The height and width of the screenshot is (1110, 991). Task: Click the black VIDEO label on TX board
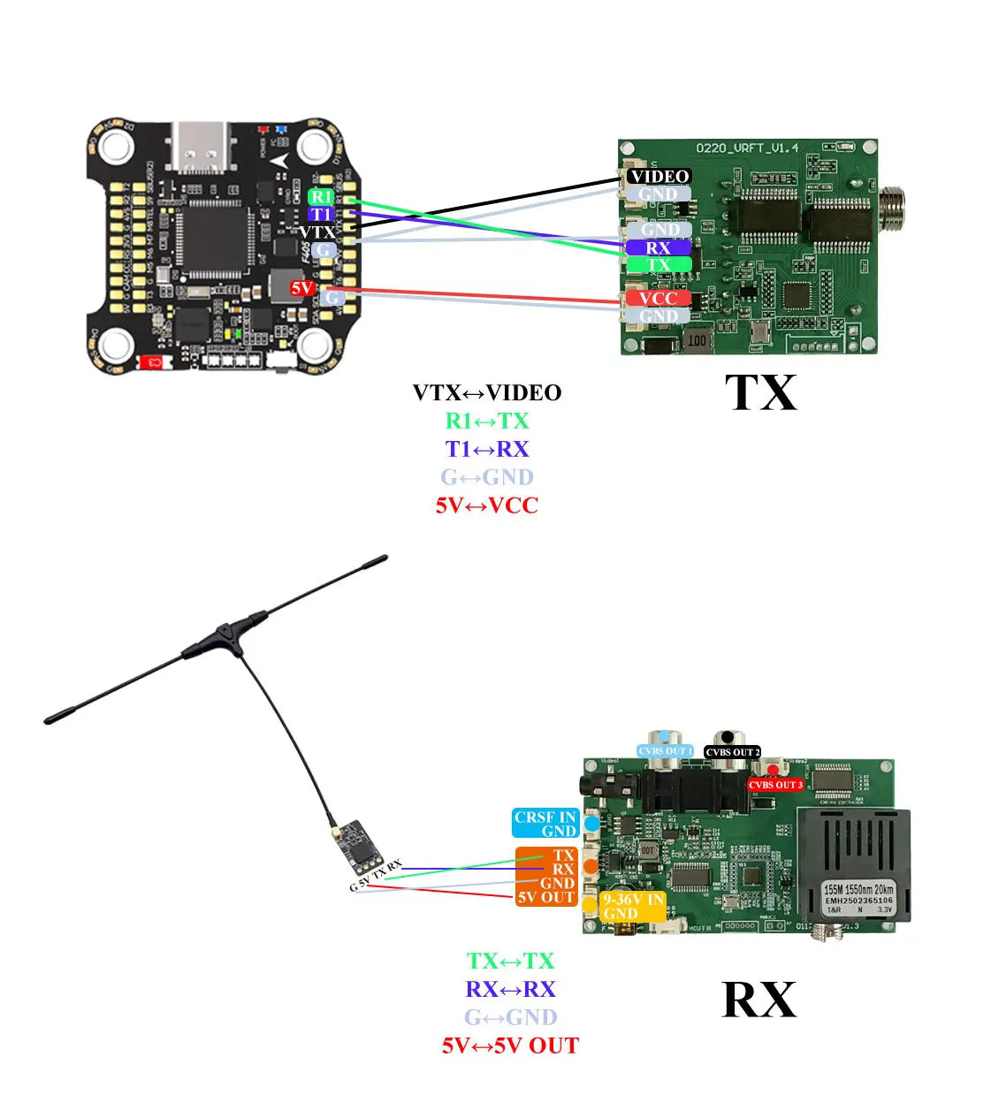(x=659, y=177)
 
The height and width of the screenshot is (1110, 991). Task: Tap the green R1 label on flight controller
(x=321, y=196)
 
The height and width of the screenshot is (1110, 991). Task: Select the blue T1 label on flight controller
(x=321, y=215)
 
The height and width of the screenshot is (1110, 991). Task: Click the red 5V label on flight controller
(x=302, y=288)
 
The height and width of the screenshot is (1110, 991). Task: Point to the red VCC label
(x=659, y=299)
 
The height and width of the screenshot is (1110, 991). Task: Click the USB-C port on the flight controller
(x=202, y=145)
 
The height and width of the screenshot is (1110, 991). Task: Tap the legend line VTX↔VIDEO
(x=486, y=393)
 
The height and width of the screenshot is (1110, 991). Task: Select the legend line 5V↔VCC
(x=486, y=506)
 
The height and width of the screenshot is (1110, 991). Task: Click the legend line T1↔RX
(x=486, y=449)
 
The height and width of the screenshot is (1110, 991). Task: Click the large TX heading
(x=760, y=393)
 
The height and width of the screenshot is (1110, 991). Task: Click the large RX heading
(x=759, y=1000)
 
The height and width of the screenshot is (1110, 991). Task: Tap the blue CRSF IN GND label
(x=545, y=824)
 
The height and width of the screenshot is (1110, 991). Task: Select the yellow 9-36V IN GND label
(x=633, y=907)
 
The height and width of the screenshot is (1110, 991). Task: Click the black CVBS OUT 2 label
(x=732, y=752)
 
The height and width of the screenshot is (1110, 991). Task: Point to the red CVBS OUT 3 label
(x=775, y=785)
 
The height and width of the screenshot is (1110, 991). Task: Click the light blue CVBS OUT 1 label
(x=665, y=751)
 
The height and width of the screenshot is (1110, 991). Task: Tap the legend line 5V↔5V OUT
(x=510, y=1046)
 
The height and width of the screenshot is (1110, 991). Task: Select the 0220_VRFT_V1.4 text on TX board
(x=746, y=148)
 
